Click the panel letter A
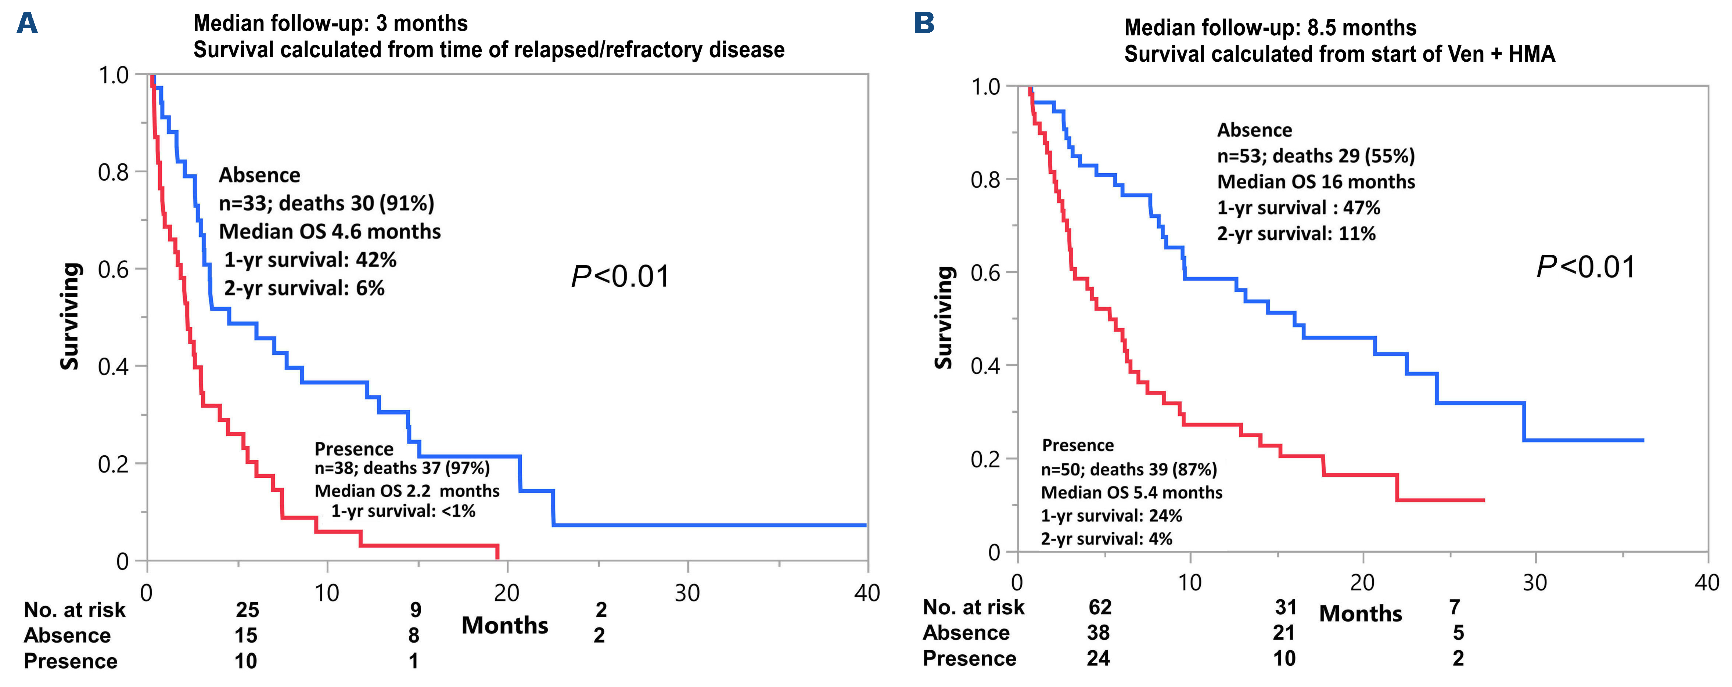click(x=27, y=23)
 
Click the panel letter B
click(x=924, y=23)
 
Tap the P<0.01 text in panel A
click(x=620, y=277)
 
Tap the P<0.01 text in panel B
click(x=1585, y=267)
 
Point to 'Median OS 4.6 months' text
click(x=330, y=231)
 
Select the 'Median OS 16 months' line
click(x=1316, y=181)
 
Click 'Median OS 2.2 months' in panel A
click(x=407, y=491)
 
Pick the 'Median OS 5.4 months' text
click(x=1132, y=493)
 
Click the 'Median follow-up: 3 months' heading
click(x=330, y=23)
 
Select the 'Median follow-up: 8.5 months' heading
click(x=1270, y=28)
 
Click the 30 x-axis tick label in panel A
click(x=687, y=593)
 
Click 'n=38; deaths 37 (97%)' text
click(x=402, y=468)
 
